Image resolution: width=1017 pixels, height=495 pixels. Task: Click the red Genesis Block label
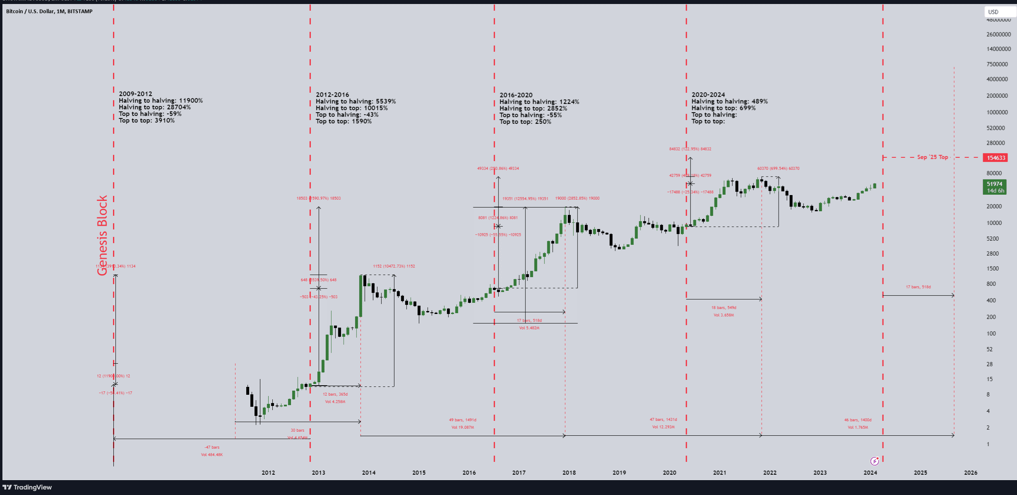pos(102,235)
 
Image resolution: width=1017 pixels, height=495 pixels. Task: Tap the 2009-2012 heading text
pos(135,94)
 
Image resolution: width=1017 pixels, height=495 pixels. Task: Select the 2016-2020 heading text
pos(516,95)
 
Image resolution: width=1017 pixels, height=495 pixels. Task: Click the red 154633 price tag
pos(996,158)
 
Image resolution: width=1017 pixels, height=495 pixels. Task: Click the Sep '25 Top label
pos(932,157)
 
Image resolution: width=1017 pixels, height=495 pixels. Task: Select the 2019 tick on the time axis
pos(619,473)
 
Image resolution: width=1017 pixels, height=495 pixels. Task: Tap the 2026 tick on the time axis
pos(971,473)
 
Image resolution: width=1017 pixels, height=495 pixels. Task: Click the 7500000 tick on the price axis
pos(997,64)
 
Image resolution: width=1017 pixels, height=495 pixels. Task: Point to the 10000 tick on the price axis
pos(994,223)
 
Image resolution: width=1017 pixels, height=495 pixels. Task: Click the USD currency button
pos(993,12)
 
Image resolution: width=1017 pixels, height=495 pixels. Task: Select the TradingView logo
pos(27,487)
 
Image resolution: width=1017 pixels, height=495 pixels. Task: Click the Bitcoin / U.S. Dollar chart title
pos(49,11)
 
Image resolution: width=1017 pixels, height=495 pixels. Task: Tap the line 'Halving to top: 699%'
pos(723,108)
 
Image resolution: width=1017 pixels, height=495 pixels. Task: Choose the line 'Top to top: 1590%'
pos(344,121)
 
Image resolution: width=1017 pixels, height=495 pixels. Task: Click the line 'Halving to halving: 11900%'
pos(161,101)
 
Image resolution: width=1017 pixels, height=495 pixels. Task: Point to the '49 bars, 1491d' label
pos(463,420)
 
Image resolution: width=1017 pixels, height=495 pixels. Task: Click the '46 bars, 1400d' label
pos(858,420)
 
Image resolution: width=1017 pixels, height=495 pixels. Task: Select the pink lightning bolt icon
pos(874,461)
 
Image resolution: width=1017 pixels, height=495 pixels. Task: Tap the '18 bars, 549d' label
pos(724,308)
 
